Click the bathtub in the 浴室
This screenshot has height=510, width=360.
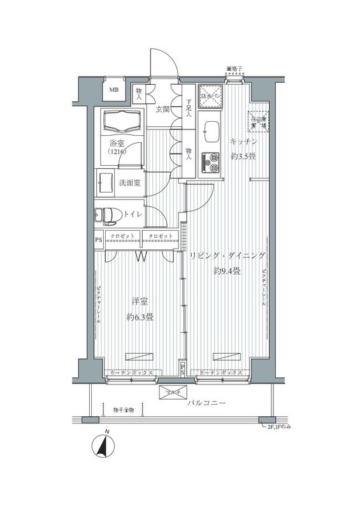(x=120, y=120)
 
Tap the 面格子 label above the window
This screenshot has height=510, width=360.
(x=234, y=68)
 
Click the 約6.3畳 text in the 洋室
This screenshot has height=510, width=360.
(x=139, y=317)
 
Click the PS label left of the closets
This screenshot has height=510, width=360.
(x=97, y=240)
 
